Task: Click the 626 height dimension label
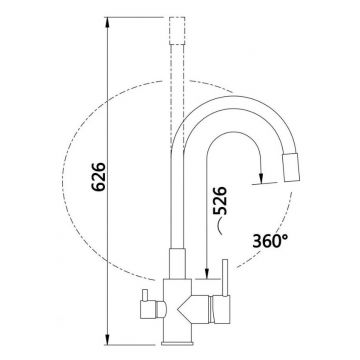(99, 177)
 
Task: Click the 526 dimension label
(220, 200)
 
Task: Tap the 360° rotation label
(270, 241)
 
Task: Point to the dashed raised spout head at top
(177, 31)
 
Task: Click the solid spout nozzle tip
(291, 168)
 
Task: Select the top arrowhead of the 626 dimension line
(107, 23)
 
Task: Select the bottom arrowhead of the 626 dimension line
(107, 339)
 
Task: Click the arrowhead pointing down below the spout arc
(261, 178)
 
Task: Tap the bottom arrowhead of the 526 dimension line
(207, 273)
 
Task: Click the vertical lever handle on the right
(225, 278)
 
